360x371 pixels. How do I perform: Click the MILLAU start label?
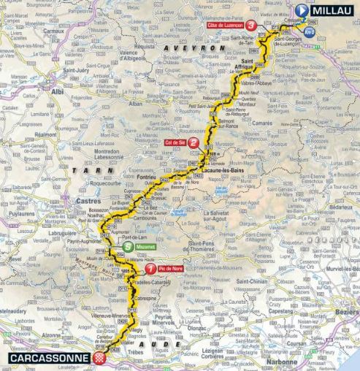(332, 10)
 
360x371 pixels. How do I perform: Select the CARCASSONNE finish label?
(44, 358)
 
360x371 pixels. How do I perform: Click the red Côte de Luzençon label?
(224, 25)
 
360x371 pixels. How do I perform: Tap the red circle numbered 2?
(193, 144)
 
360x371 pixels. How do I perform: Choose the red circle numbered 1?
(150, 268)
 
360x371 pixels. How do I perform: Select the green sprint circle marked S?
(129, 247)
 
